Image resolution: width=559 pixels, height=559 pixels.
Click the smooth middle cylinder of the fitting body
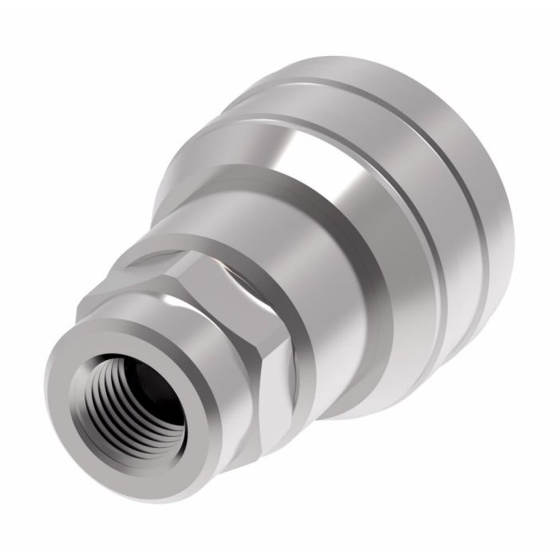pos(319,240)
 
